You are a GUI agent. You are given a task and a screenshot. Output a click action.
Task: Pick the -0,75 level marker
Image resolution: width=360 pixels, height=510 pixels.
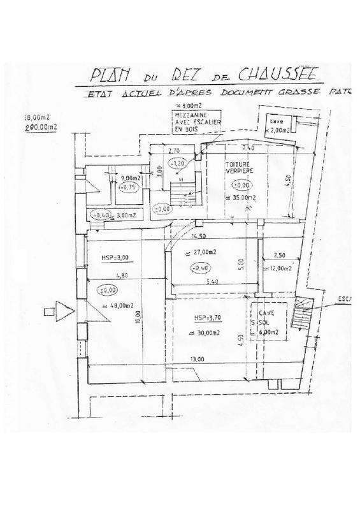tap(130, 187)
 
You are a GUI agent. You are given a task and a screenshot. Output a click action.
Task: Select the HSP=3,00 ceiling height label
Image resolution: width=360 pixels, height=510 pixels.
tap(115, 258)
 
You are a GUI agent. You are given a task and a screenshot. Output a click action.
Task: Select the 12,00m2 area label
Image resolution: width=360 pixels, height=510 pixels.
tap(279, 268)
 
